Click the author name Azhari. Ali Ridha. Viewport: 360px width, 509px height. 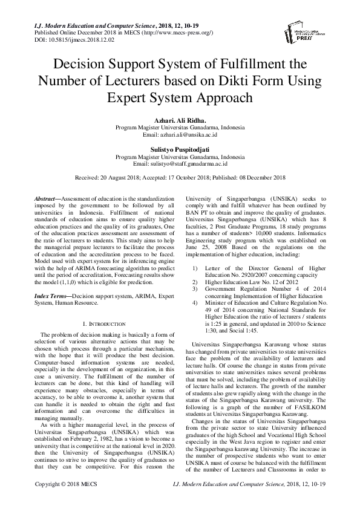point(180,120)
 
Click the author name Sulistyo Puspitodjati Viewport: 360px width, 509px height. point(180,149)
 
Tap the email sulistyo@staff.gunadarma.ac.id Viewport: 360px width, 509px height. point(180,163)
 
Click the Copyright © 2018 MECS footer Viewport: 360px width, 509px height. point(62,501)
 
